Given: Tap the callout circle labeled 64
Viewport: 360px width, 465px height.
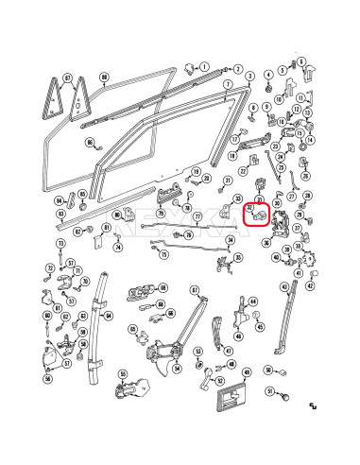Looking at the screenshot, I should pos(109,316).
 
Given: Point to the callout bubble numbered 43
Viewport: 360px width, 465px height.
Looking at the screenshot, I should pos(284,286).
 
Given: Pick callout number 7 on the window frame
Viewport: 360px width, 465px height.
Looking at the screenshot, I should pos(228,84).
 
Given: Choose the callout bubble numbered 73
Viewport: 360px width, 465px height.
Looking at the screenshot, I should pos(60,244).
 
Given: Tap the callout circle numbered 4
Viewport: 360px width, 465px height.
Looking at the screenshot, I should pos(268,74).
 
